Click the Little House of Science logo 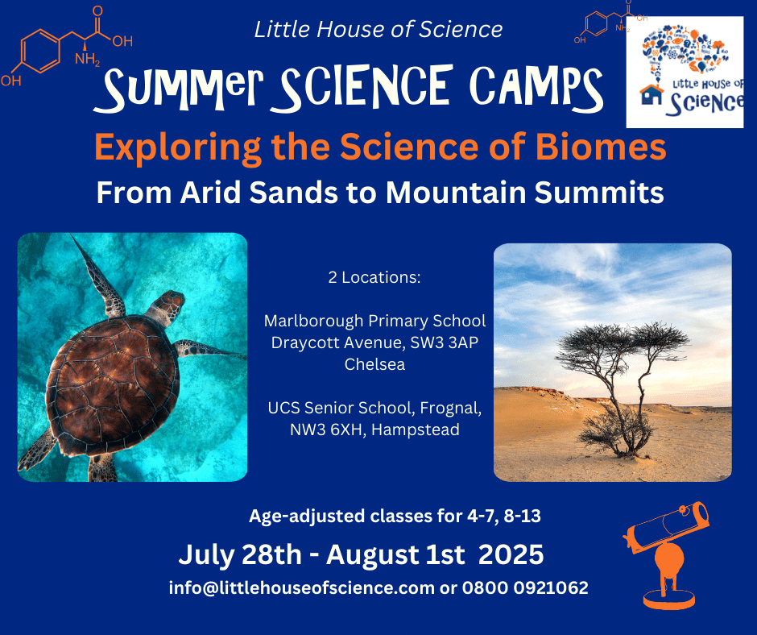[x=685, y=72]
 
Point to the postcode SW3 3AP [x=445, y=342]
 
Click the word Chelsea [x=374, y=364]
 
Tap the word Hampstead [x=416, y=430]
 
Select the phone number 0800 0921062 [x=525, y=587]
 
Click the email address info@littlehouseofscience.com [x=302, y=587]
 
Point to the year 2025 [x=511, y=554]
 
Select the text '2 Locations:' [x=374, y=277]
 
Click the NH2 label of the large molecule [x=87, y=60]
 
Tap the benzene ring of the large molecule [x=40, y=51]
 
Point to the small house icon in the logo [x=652, y=94]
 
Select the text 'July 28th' [x=240, y=554]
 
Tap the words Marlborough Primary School [x=374, y=321]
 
